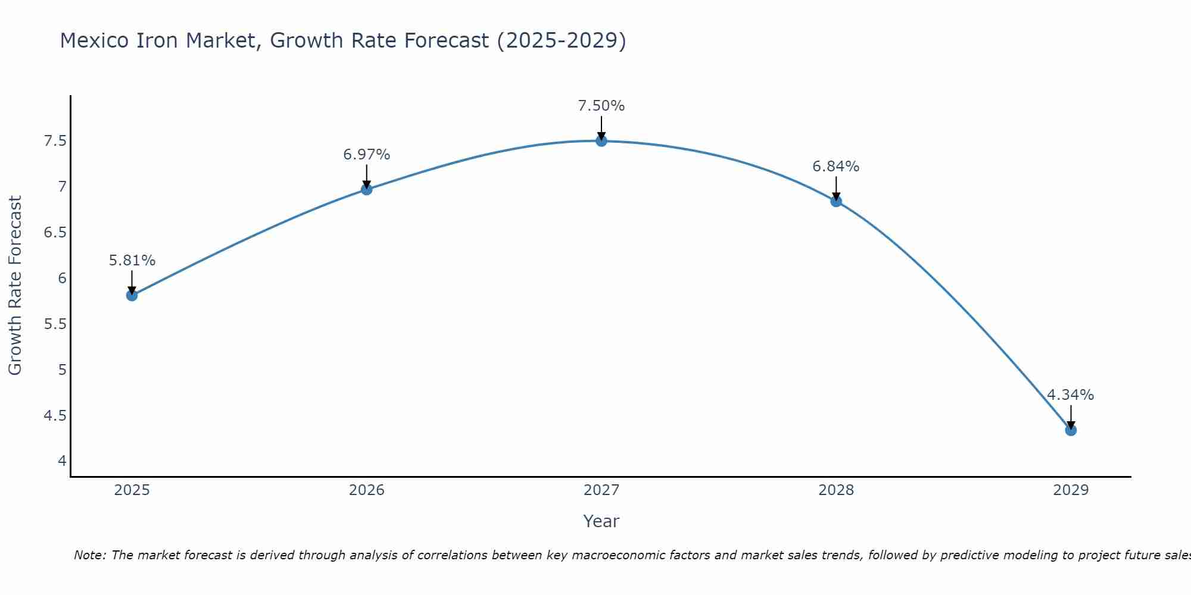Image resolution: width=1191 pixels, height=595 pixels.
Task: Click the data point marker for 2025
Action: pos(132,295)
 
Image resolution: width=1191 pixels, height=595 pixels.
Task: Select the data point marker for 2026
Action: pos(367,189)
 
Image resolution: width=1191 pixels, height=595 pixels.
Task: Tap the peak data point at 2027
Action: pos(601,141)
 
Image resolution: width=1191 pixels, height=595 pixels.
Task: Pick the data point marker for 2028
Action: pos(836,201)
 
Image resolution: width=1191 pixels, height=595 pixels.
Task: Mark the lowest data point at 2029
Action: pos(1071,430)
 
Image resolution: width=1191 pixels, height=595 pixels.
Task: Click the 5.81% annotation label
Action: pos(132,261)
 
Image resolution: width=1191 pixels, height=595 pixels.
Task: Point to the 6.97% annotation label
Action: pos(367,155)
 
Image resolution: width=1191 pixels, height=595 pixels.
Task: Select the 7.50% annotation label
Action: pos(601,106)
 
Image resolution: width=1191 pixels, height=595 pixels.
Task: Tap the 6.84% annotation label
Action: pos(836,167)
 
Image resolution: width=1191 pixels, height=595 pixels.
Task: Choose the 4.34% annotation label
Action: pos(1071,395)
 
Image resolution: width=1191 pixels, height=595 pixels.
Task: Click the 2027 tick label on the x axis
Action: pos(601,490)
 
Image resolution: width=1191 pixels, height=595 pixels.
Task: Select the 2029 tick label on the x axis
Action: pos(1071,490)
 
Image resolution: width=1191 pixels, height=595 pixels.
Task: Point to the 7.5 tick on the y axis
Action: pos(55,141)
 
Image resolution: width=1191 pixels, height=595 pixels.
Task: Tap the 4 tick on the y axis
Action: pos(62,461)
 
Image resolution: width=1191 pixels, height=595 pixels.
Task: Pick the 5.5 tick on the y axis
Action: pos(55,324)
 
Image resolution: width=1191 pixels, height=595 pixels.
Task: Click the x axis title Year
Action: pos(601,521)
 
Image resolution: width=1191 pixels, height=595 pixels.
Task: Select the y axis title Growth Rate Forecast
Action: pos(15,286)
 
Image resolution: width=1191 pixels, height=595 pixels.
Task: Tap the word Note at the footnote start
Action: pos(89,555)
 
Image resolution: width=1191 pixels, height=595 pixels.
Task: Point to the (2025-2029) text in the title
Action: pos(561,40)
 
